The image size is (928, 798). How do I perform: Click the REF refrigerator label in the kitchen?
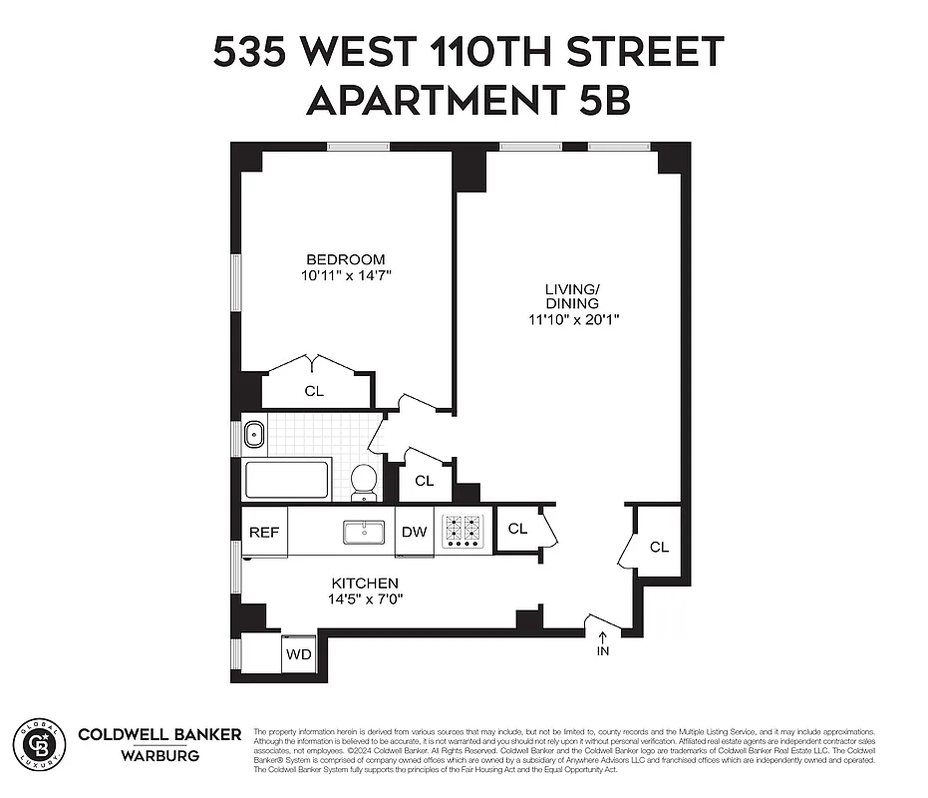[x=264, y=532]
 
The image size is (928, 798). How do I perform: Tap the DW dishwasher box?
[x=415, y=532]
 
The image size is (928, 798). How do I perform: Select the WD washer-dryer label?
[x=298, y=654]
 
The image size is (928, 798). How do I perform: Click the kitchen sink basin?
[x=365, y=532]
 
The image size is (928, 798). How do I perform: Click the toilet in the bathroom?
[x=364, y=481]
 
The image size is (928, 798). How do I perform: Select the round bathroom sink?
[x=253, y=434]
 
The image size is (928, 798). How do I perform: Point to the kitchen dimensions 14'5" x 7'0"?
[x=366, y=599]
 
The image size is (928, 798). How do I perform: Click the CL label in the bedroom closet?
[x=314, y=391]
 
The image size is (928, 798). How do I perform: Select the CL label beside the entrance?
[x=659, y=547]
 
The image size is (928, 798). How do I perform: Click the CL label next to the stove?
[x=517, y=529]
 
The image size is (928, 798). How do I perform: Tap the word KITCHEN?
[x=365, y=584]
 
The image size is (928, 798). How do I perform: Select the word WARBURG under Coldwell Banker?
[x=159, y=755]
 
